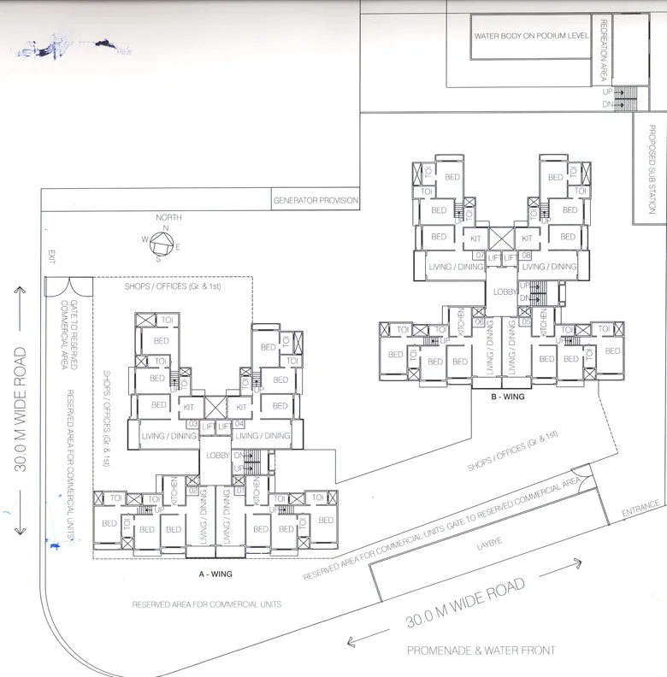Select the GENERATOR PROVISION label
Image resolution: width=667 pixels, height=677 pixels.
315,201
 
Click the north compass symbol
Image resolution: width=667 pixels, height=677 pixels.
162,245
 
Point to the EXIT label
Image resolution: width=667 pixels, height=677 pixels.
51,253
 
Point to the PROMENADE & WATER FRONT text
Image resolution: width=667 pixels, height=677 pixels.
481,651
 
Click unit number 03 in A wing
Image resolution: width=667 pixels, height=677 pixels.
192,423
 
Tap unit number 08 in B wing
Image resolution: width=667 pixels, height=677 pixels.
526,255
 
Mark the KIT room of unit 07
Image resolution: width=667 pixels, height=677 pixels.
475,239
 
